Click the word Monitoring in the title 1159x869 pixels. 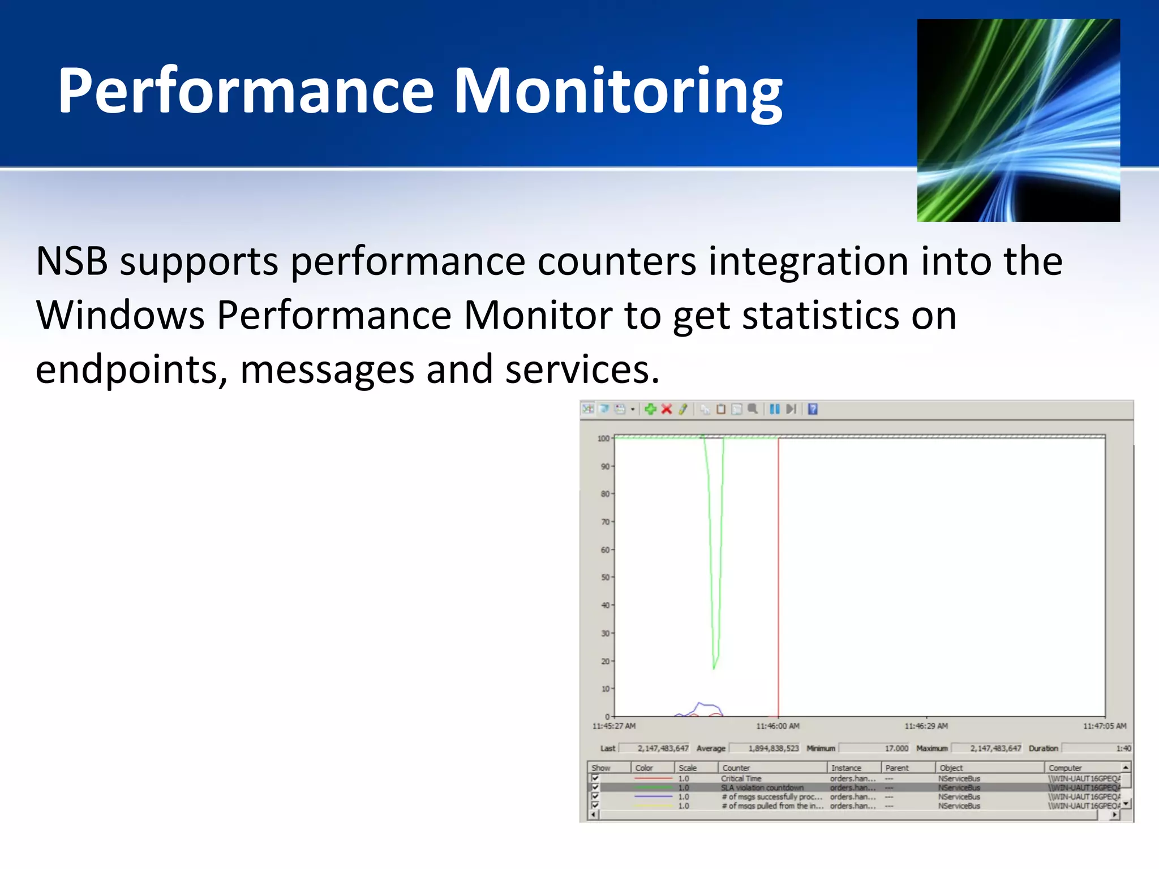coord(618,92)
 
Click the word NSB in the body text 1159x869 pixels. coord(72,262)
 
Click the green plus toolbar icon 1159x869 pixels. coord(650,409)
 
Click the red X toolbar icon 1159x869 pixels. coord(667,409)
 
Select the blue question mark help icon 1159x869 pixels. coord(813,409)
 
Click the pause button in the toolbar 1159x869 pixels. coord(775,409)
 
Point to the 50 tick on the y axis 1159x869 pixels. coord(606,577)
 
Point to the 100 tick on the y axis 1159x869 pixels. coord(604,438)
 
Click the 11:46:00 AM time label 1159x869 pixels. coord(778,726)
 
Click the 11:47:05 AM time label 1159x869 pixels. coord(1105,726)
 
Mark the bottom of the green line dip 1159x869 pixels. coord(714,668)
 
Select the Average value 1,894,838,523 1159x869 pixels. coord(774,748)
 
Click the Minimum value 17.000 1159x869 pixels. coord(896,748)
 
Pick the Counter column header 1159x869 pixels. coord(736,768)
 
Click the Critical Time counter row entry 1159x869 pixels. coord(741,778)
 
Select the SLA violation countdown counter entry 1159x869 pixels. coord(762,788)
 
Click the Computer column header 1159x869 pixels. coord(1065,768)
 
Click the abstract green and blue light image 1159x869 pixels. coord(1018,120)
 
